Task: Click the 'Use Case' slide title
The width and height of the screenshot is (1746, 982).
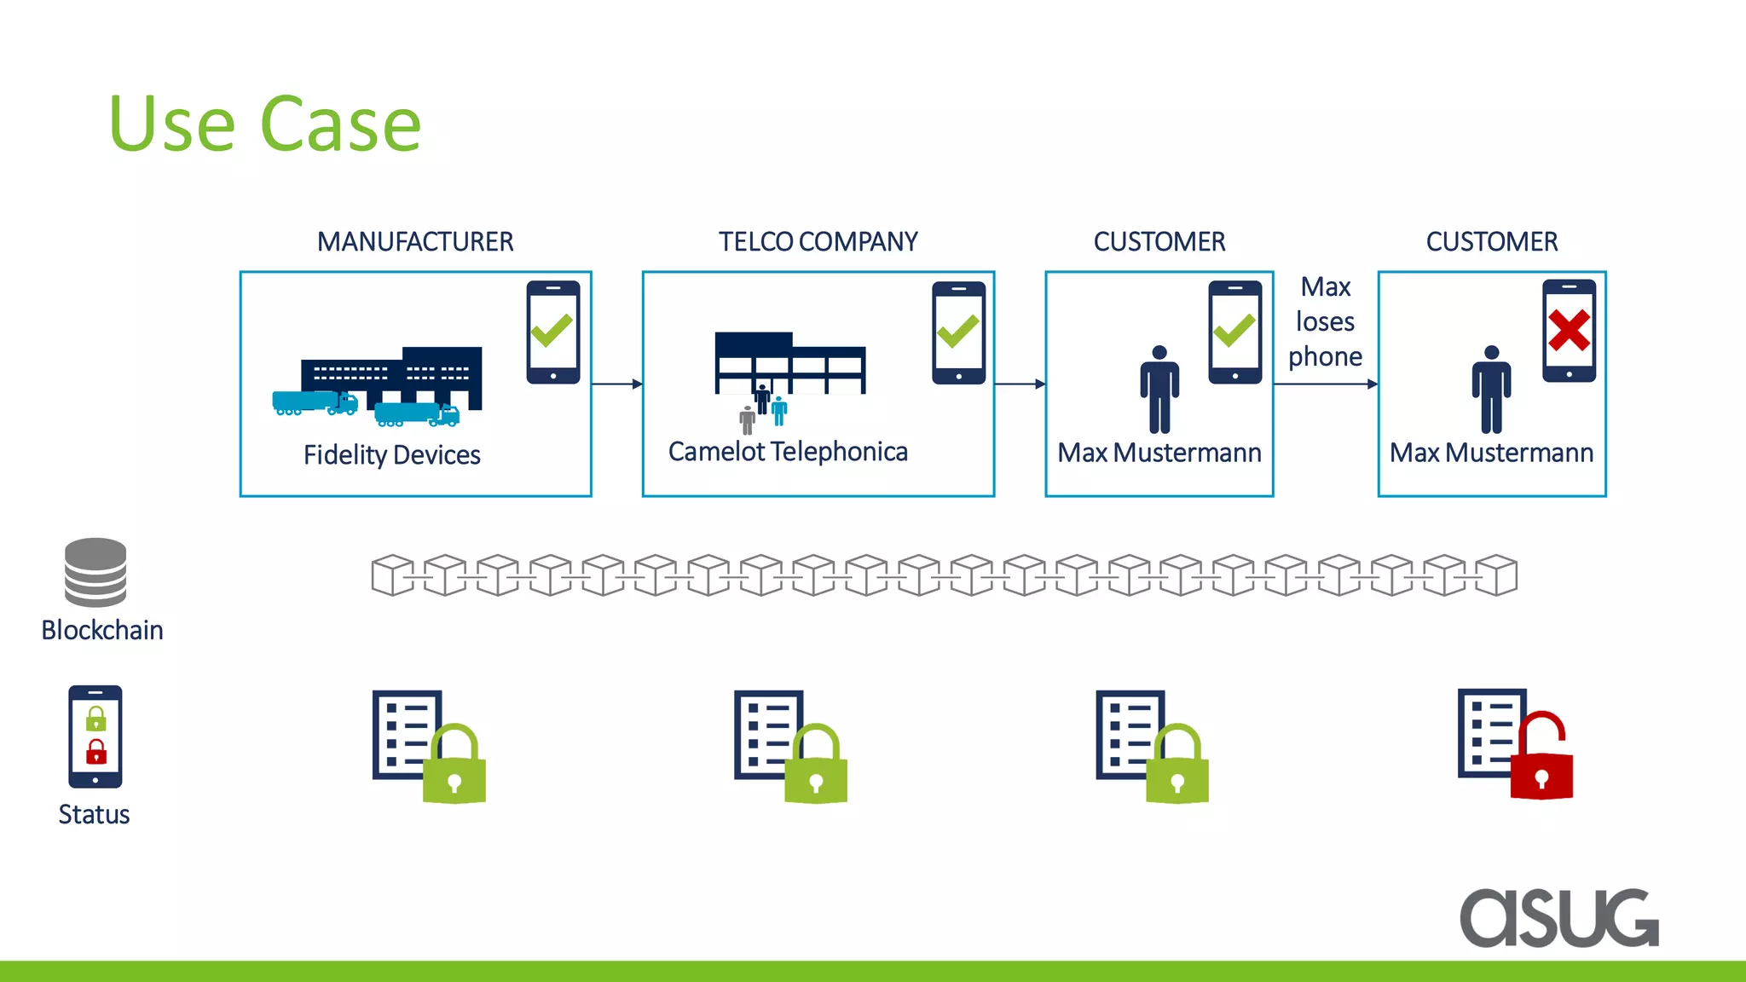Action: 265,125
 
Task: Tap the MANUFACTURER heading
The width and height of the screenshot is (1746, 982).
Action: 415,242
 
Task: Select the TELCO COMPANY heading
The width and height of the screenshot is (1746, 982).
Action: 818,242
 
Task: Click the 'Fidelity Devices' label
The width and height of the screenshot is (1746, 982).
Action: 391,455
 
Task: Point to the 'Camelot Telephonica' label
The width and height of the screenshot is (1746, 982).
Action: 788,452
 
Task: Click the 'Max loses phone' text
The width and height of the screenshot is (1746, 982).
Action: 1325,322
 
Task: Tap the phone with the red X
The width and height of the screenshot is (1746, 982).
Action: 1569,331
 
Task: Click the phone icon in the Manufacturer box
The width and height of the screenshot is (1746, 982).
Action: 552,332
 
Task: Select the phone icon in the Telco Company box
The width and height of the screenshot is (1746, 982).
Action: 958,332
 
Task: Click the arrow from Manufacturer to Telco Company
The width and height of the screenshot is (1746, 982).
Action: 616,384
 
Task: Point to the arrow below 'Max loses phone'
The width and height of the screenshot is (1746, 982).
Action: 1325,384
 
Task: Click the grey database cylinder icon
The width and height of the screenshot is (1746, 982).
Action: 95,572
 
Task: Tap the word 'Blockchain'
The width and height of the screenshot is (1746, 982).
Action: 102,630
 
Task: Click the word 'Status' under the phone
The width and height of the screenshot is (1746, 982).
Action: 94,815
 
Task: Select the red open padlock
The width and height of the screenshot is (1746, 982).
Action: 1541,757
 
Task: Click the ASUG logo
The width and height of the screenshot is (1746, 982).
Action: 1559,917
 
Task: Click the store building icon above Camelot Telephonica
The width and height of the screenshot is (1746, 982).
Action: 789,363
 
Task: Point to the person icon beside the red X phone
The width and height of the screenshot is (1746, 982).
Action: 1491,390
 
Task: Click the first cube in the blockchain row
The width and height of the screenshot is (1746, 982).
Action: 392,575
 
